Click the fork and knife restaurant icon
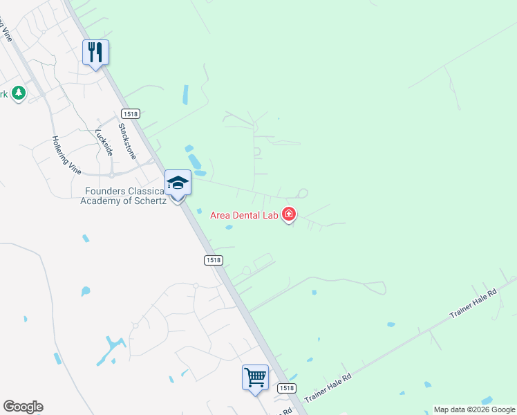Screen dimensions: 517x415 click(95, 53)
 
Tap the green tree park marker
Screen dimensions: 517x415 click(18, 93)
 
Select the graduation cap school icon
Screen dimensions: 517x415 click(178, 183)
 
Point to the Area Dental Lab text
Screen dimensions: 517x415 click(245, 215)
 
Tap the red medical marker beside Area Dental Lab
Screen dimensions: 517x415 click(289, 215)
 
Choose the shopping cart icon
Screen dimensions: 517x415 click(255, 378)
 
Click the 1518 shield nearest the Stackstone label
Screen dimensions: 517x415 click(130, 113)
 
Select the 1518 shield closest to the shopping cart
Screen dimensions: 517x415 click(288, 388)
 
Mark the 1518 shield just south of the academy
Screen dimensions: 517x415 click(214, 259)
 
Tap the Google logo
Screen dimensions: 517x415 click(23, 407)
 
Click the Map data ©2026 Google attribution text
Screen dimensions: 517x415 click(474, 409)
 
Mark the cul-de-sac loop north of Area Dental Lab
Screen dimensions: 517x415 click(302, 193)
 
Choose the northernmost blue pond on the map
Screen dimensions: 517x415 click(185, 95)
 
